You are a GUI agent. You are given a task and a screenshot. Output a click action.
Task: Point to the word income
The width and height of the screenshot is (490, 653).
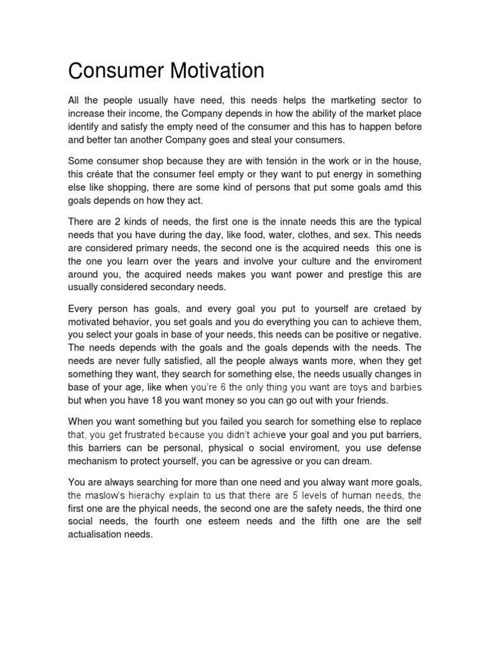pos(145,114)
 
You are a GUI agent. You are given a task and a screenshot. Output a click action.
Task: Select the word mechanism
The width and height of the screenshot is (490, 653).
pos(96,461)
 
